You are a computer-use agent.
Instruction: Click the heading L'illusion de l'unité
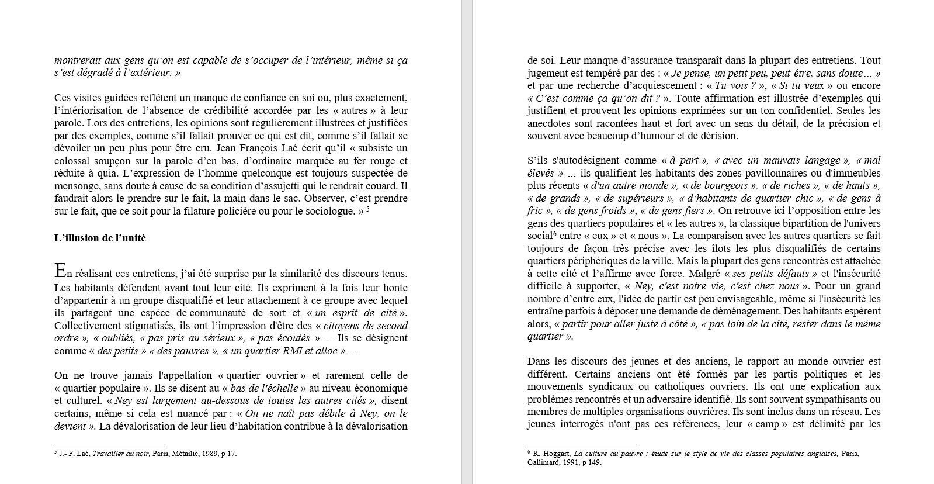[100, 238]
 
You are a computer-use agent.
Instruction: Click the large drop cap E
[60, 271]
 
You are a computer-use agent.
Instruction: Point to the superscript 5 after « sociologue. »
[368, 209]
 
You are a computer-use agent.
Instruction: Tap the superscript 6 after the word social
[554, 234]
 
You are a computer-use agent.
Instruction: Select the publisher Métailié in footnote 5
[183, 453]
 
